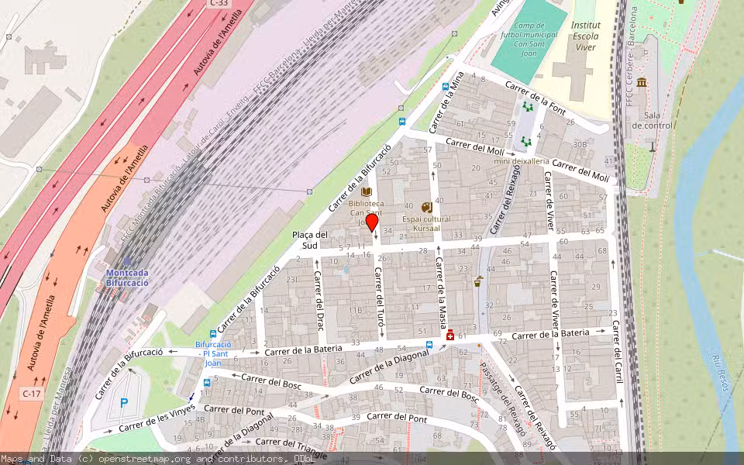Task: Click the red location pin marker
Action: (x=372, y=223)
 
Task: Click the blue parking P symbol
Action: (x=123, y=403)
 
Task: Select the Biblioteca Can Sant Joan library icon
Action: (x=367, y=191)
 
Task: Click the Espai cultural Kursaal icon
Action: (x=426, y=208)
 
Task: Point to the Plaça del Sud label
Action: (x=310, y=240)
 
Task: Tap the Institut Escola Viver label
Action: (x=585, y=36)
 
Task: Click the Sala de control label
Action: (x=652, y=120)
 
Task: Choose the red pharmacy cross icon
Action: (x=450, y=335)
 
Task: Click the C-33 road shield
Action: (x=219, y=4)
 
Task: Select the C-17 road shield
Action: (x=31, y=394)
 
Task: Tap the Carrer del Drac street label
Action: (x=318, y=301)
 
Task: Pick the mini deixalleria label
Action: (x=522, y=160)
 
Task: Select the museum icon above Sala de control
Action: (x=642, y=82)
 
